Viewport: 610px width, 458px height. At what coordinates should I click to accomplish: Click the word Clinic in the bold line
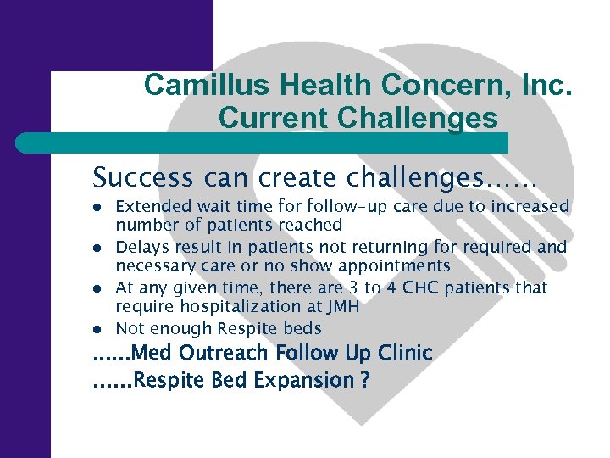point(403,353)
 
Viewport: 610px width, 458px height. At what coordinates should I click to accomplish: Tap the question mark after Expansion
point(364,382)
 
